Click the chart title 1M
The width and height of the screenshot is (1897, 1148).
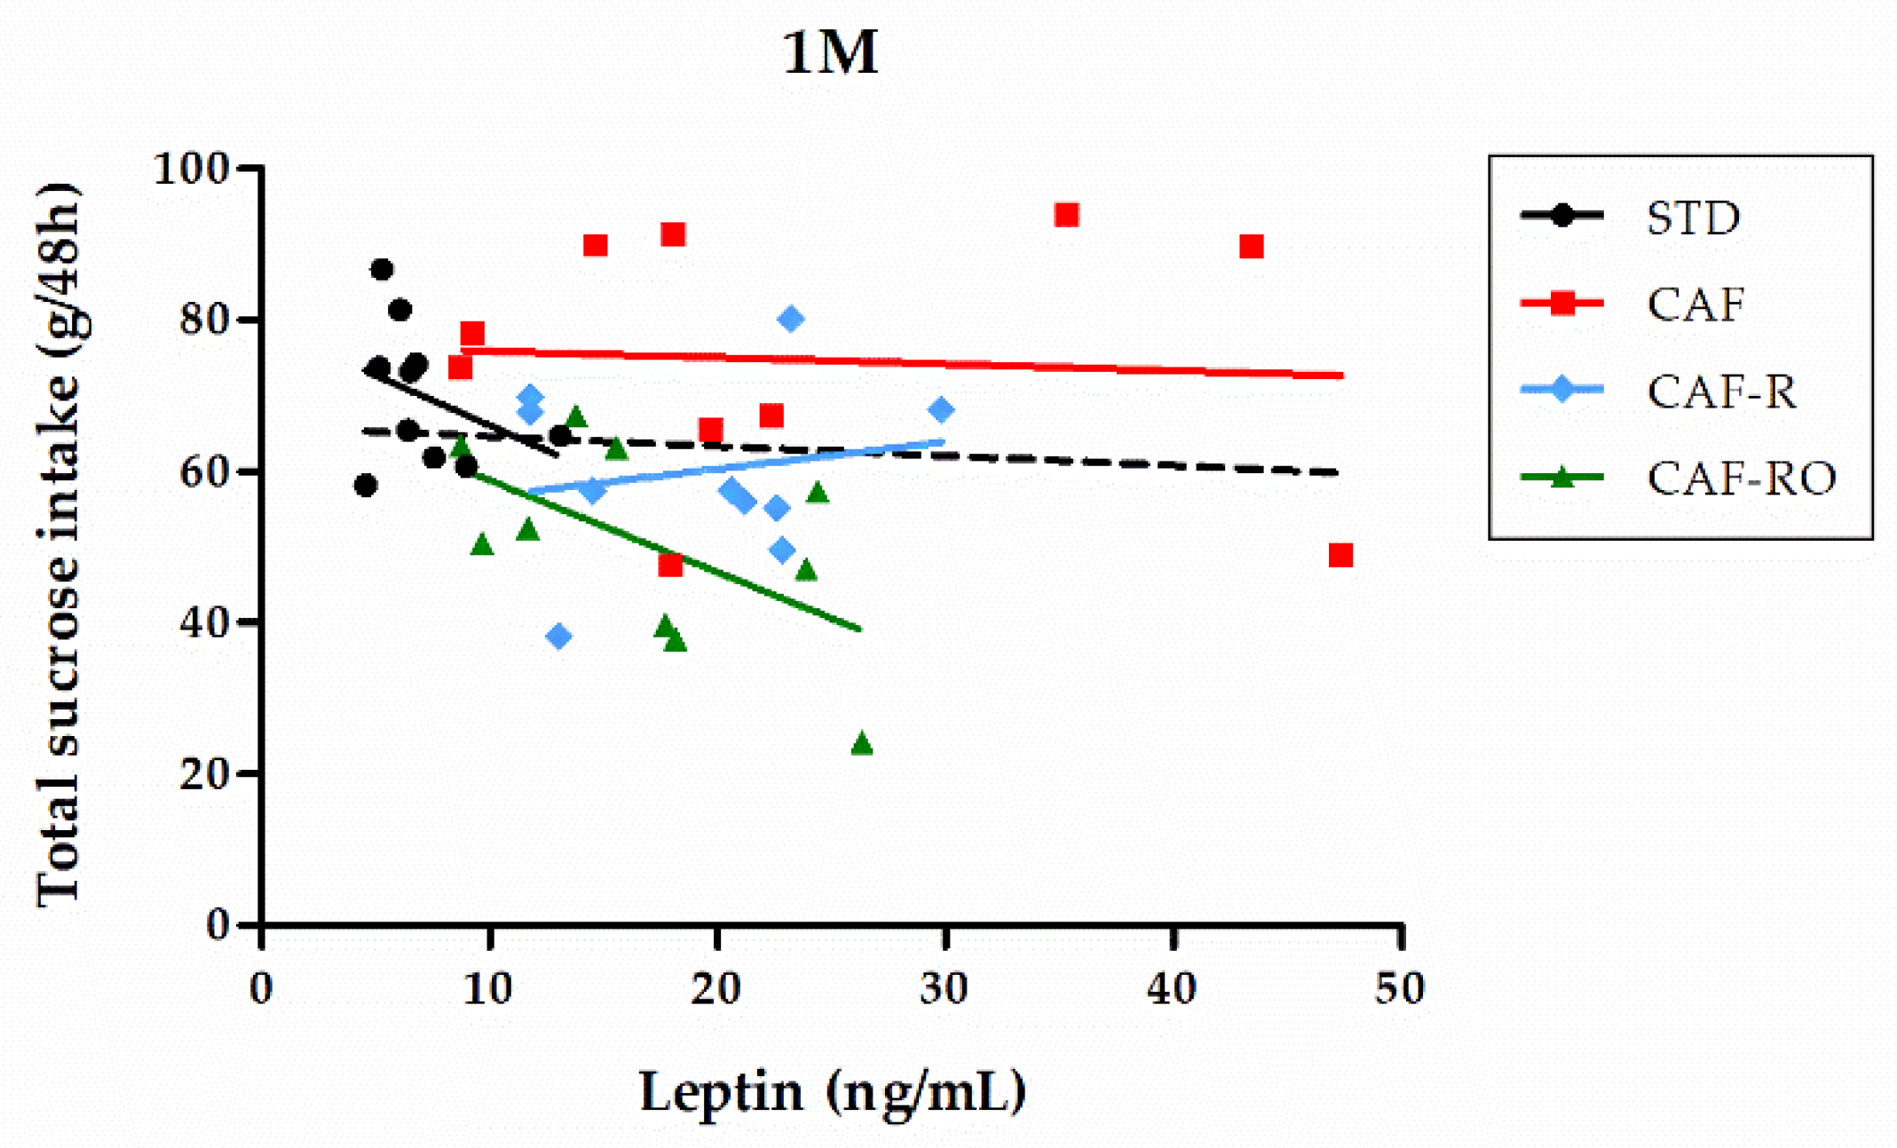pos(830,53)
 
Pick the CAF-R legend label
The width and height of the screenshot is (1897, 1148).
pos(1720,392)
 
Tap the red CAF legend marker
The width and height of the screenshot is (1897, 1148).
pos(1561,304)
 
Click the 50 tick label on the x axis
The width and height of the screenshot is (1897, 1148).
pos(1400,988)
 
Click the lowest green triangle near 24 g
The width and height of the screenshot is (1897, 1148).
pos(861,744)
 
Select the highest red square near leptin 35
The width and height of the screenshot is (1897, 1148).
pos(1066,215)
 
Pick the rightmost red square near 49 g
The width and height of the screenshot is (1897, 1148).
pos(1340,556)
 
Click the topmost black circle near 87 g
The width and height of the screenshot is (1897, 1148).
pos(382,269)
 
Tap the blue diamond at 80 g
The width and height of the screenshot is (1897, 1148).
pos(791,319)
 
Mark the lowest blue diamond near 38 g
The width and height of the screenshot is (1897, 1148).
pos(558,636)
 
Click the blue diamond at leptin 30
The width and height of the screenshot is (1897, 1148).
pos(941,410)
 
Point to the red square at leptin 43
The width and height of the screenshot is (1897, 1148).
pos(1251,247)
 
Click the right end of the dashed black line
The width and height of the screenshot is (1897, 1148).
pos(1336,472)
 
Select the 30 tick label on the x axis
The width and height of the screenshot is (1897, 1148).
pos(944,988)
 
